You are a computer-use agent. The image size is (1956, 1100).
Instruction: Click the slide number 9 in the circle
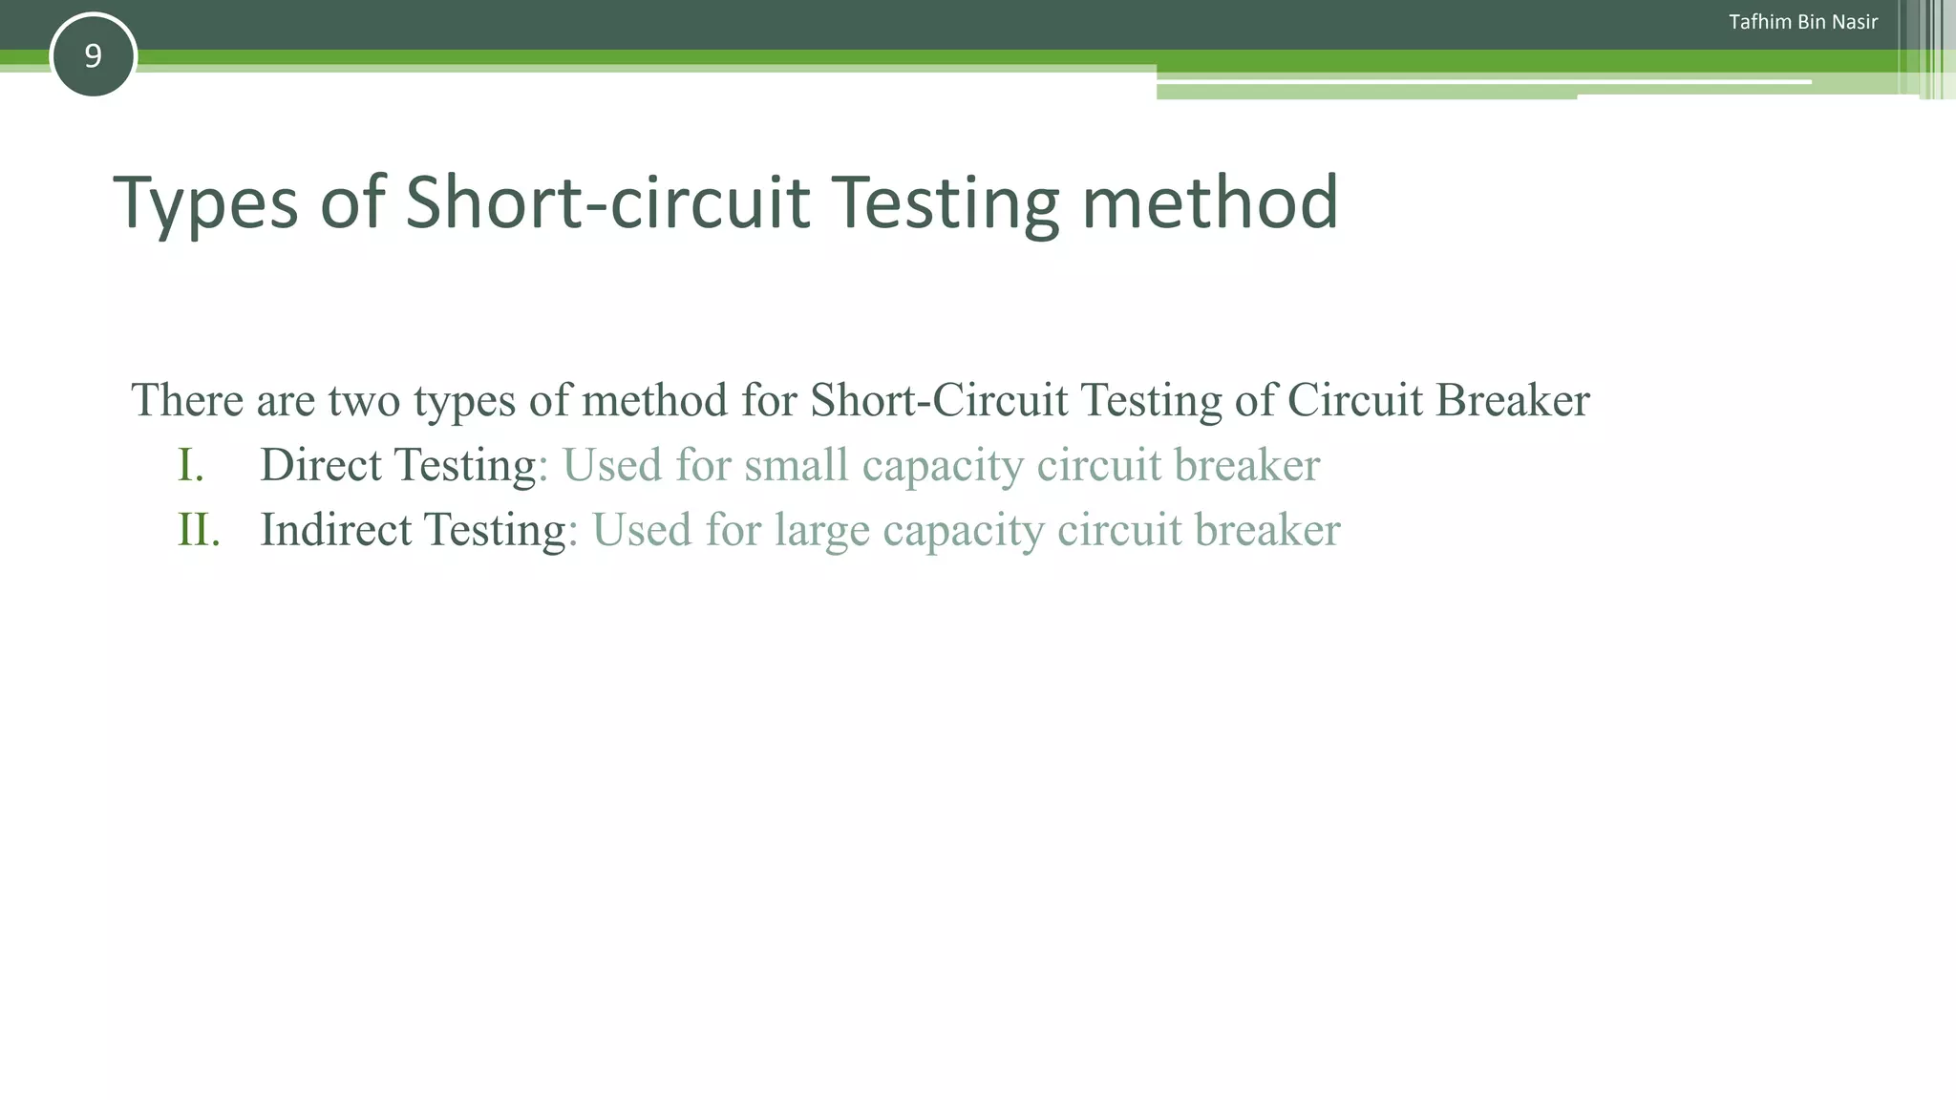[x=93, y=56]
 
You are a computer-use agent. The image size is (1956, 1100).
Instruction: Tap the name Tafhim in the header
[x=1759, y=22]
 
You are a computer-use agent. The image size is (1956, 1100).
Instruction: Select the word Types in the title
[x=205, y=203]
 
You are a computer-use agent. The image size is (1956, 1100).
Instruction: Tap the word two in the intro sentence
[x=364, y=401]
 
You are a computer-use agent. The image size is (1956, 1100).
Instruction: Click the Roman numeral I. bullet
[x=190, y=465]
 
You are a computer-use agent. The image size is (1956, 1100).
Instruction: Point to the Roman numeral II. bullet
[x=199, y=530]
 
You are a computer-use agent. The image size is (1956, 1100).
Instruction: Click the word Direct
[x=320, y=465]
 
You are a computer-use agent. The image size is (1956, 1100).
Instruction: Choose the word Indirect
[x=335, y=530]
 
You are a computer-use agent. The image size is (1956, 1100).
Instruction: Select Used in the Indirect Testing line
[x=642, y=530]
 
